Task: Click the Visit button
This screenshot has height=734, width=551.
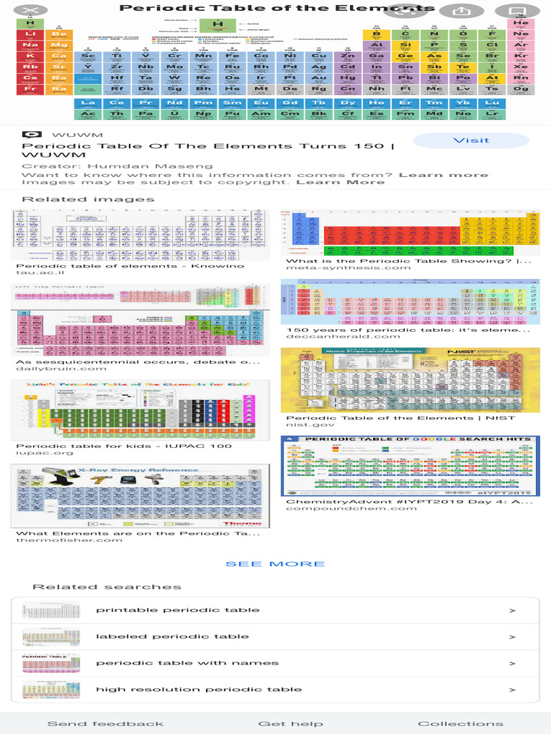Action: (471, 140)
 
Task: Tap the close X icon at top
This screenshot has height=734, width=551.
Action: (25, 11)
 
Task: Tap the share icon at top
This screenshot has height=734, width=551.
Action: (459, 11)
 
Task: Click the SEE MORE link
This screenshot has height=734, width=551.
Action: (275, 564)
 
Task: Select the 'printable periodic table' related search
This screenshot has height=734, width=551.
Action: (178, 610)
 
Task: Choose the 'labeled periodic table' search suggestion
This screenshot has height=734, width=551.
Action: (172, 637)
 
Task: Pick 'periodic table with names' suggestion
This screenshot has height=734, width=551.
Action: (187, 663)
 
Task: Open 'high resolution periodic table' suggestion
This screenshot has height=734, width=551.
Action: (199, 690)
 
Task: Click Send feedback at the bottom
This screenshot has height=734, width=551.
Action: (105, 723)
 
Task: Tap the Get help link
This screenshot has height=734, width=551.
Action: (291, 723)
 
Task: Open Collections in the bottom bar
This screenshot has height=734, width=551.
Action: (461, 723)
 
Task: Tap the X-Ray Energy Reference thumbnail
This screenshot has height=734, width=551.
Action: (141, 496)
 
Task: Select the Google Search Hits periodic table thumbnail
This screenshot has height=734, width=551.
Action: (410, 466)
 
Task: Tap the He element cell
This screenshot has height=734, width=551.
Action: (521, 24)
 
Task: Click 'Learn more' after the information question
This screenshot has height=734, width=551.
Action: (443, 175)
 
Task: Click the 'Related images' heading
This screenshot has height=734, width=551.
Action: (88, 199)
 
